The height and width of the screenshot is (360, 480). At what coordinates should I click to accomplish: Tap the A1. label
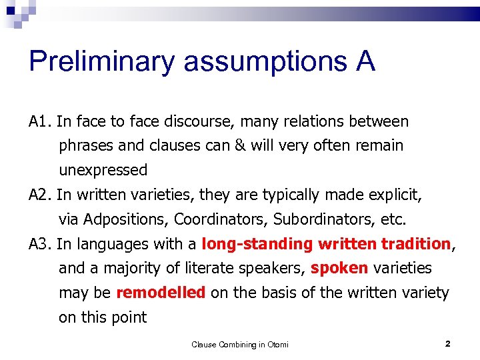[x=41, y=122]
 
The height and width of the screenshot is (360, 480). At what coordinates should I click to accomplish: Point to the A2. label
[x=41, y=195]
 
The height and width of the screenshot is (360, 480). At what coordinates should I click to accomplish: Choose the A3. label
[x=41, y=245]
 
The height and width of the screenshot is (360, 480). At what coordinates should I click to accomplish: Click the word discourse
[x=202, y=122]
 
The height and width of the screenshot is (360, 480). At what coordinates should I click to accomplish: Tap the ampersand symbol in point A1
[x=239, y=146]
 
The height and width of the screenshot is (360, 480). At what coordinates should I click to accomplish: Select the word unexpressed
[x=103, y=171]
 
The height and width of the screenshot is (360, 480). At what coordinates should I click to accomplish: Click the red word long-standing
[x=257, y=245]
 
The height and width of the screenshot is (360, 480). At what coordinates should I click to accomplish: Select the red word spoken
[x=339, y=269]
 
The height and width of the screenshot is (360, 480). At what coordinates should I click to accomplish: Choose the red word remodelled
[x=161, y=293]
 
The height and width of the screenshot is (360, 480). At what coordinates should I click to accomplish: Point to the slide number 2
[x=447, y=344]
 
